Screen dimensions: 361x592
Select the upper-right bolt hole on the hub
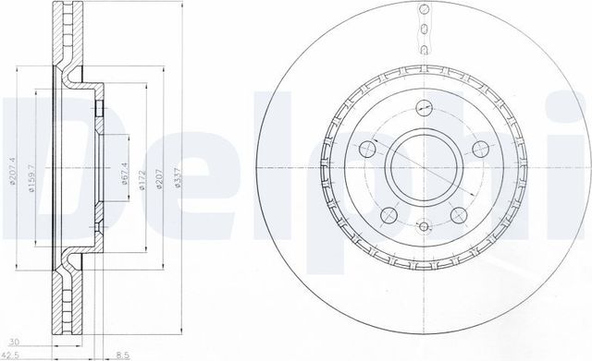pyautogui.click(x=478, y=150)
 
